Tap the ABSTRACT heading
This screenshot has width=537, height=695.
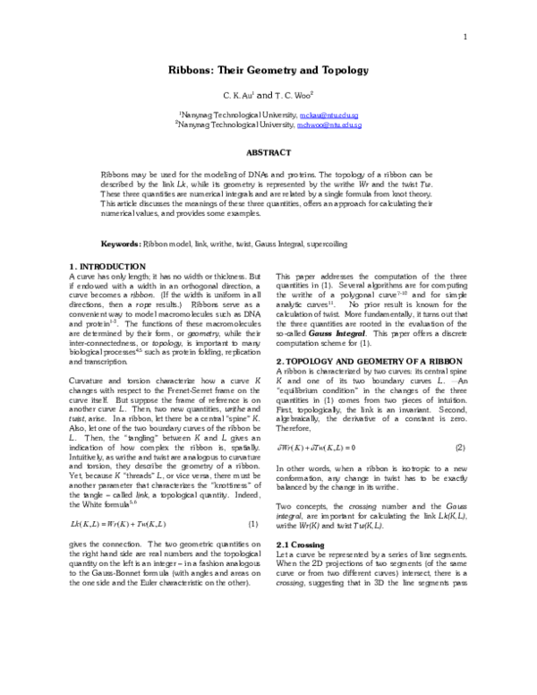tap(268, 153)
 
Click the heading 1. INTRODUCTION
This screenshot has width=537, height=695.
tap(107, 268)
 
